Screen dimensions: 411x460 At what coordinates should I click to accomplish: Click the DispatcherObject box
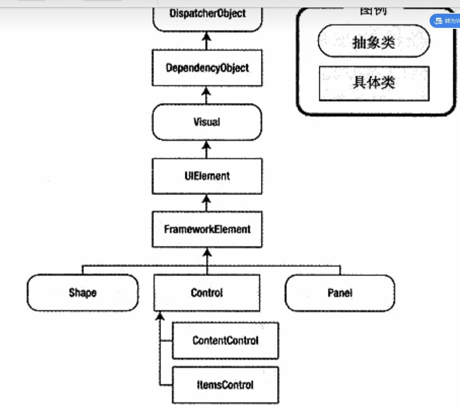click(207, 14)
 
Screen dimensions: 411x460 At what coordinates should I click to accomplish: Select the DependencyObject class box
click(207, 68)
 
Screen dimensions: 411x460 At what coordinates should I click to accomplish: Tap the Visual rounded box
click(207, 122)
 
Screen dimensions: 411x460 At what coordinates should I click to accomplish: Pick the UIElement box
click(207, 176)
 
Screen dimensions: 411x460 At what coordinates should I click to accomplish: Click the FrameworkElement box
click(207, 230)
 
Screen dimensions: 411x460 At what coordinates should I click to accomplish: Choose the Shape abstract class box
click(83, 293)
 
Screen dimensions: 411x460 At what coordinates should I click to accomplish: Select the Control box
click(207, 293)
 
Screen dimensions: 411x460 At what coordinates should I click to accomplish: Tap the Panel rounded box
click(340, 293)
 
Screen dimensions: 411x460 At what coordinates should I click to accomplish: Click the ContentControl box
click(225, 341)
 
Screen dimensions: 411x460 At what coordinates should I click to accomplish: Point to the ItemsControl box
click(225, 385)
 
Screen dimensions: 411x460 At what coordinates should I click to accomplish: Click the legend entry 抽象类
click(374, 43)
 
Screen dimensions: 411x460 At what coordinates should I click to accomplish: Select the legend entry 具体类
click(374, 83)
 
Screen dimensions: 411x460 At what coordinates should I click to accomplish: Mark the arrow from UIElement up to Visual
click(207, 150)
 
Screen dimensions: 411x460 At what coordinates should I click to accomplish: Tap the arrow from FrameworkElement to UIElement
click(207, 203)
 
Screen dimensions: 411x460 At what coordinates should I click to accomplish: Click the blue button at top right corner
click(445, 21)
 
